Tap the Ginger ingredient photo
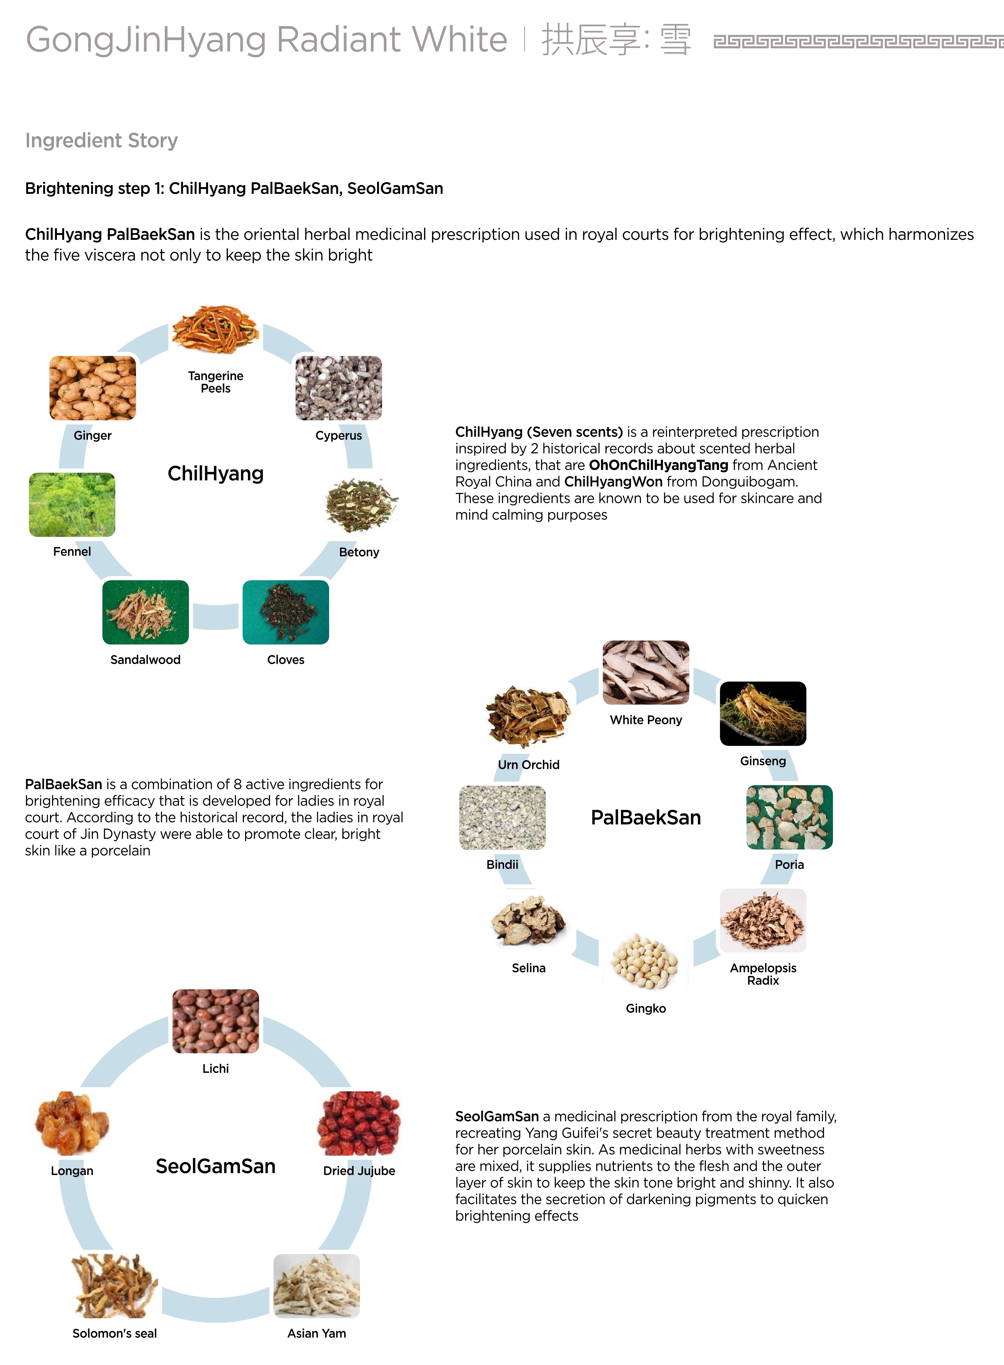[x=92, y=388]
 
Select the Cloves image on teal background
[x=286, y=612]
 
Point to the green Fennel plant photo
[x=72, y=505]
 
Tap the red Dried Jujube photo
[x=359, y=1123]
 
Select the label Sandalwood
[x=145, y=659]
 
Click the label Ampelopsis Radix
[x=763, y=974]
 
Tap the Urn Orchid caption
[x=528, y=765]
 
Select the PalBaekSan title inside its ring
[x=645, y=817]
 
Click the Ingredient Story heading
[x=101, y=140]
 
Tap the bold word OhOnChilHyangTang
[x=658, y=465]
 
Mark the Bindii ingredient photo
[x=502, y=817]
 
